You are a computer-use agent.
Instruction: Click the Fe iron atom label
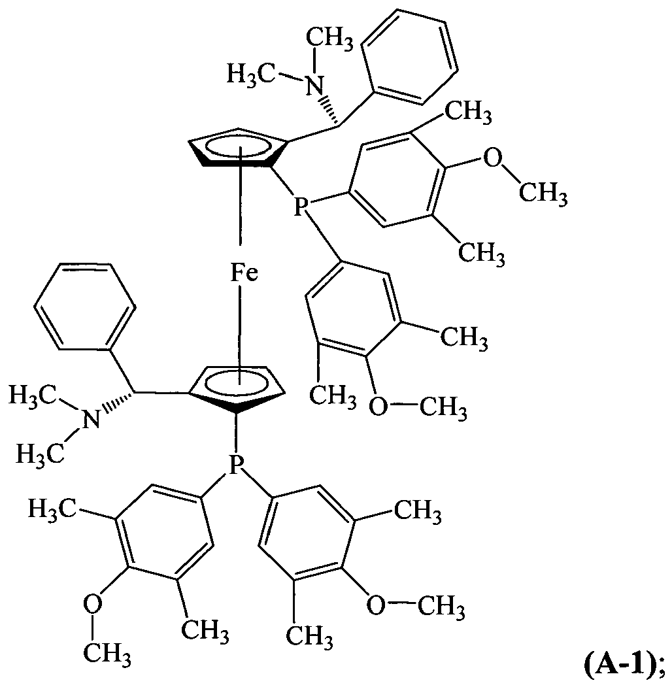point(244,273)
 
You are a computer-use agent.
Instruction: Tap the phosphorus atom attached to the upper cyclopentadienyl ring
point(299,207)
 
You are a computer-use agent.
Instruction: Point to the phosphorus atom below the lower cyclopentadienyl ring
point(236,465)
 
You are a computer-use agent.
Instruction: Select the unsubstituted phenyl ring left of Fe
point(84,307)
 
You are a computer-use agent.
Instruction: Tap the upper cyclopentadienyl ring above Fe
point(238,148)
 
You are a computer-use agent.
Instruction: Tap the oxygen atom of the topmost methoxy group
point(492,158)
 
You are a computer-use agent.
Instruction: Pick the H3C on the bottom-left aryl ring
point(53,509)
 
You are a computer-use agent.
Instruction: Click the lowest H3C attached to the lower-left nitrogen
point(41,454)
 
